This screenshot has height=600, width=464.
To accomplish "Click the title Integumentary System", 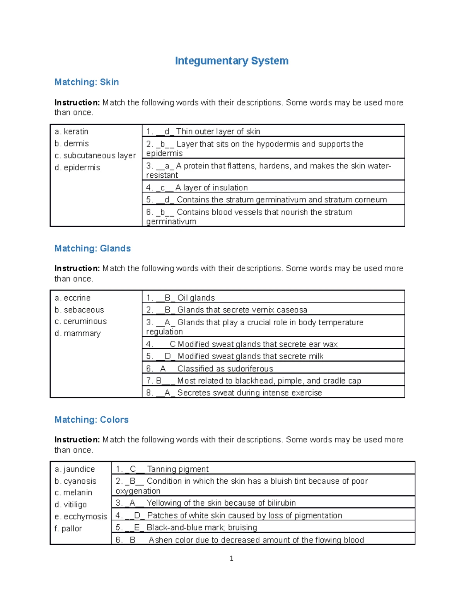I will point(232,61).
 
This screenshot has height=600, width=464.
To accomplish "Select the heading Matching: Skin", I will point(87,82).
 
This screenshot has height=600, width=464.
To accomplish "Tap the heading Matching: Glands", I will point(92,248).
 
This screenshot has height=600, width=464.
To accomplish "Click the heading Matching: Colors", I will point(91,420).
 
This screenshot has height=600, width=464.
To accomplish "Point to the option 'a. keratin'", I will point(72,131).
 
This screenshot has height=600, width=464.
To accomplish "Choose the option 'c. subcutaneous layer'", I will point(95,155).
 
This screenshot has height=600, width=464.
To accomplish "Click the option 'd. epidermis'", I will point(77,167).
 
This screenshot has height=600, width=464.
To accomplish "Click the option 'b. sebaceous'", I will point(79,310).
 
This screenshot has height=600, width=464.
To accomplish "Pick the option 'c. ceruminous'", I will point(80,321).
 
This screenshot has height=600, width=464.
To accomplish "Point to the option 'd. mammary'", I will point(77,333).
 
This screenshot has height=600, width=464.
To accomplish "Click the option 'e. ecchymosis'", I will point(81,517).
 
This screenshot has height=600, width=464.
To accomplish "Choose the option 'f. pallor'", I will point(68,529).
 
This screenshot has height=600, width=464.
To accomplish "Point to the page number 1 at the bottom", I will point(231,558).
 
